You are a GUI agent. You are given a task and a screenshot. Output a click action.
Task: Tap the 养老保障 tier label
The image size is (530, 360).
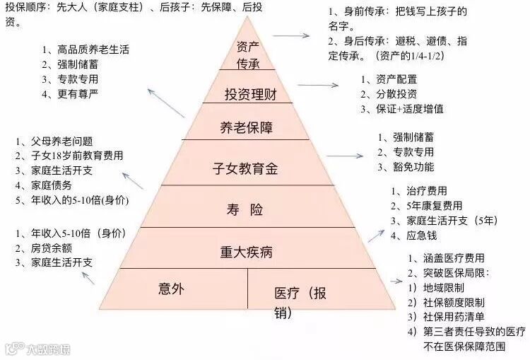click(247, 127)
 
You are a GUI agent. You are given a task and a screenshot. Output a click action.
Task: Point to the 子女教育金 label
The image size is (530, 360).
click(247, 168)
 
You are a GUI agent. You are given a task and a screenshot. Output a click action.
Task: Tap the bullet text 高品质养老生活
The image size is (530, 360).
click(90, 50)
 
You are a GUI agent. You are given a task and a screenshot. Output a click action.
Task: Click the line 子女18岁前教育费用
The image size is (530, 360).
click(73, 156)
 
